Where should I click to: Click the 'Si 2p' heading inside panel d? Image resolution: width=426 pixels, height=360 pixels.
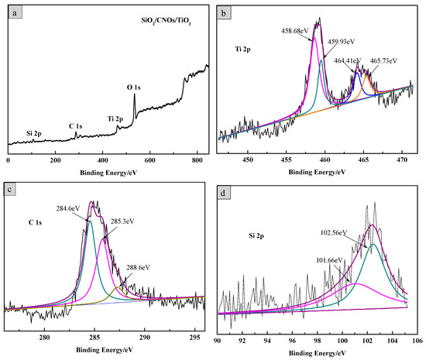237,233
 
